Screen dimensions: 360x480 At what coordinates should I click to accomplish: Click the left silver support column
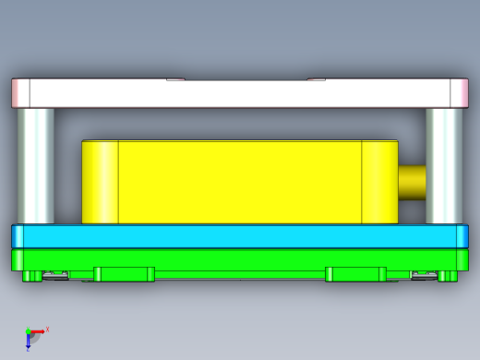[x=36, y=164]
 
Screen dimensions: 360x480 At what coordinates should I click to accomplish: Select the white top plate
[x=240, y=93]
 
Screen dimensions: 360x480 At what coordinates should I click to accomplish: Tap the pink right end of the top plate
[x=459, y=93]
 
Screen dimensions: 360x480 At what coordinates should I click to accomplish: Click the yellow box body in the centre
[x=240, y=182]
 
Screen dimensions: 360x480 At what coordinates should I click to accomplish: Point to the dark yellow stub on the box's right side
[x=412, y=181]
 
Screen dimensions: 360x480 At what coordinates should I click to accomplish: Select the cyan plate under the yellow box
[x=240, y=236]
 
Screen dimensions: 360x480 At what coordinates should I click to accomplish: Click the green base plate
[x=240, y=259]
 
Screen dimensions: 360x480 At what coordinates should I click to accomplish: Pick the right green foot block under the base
[x=355, y=274]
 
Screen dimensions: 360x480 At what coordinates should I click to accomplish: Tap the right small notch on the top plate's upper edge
[x=316, y=79]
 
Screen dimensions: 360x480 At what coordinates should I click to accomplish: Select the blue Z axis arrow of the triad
[x=29, y=342]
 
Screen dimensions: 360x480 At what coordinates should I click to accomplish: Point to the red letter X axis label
[x=47, y=329]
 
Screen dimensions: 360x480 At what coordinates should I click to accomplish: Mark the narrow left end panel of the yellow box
[x=101, y=182]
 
